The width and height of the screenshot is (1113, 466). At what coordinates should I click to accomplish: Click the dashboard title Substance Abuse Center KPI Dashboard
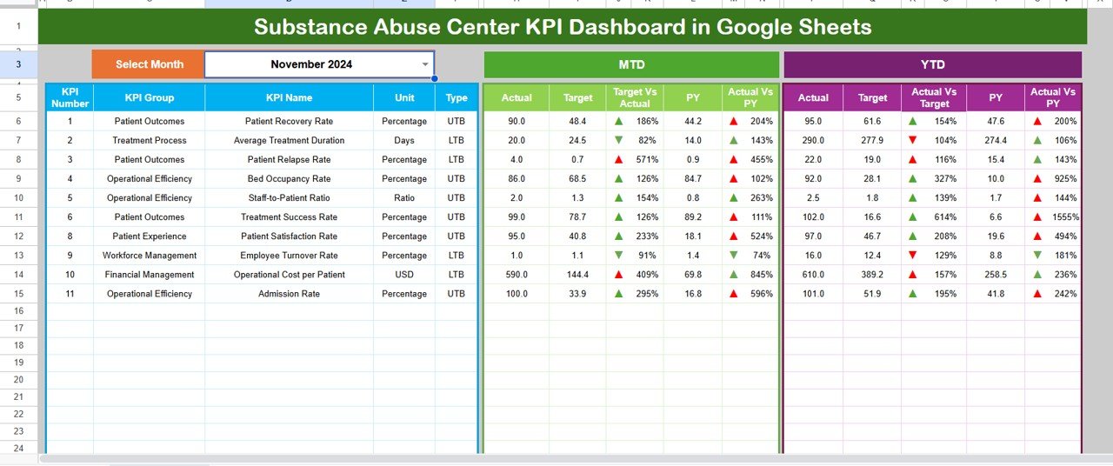click(563, 27)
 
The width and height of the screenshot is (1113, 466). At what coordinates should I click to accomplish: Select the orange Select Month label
click(149, 64)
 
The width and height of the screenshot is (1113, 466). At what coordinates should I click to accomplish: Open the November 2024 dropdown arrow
click(425, 64)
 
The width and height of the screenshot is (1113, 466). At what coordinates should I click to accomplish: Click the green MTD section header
click(631, 64)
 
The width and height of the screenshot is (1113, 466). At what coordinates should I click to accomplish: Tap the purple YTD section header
click(932, 64)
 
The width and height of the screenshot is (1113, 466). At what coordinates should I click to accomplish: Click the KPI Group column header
click(149, 98)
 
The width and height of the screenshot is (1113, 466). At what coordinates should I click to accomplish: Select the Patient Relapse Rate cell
click(289, 160)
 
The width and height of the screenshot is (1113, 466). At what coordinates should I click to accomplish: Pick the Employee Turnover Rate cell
click(289, 256)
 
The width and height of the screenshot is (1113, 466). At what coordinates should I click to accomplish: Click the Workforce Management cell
click(149, 256)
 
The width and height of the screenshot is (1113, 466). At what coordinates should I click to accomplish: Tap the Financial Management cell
click(149, 275)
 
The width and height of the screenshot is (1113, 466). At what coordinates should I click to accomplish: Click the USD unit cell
click(404, 275)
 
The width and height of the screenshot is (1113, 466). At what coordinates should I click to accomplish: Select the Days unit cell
click(404, 141)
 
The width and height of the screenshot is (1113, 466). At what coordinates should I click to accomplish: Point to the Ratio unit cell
click(404, 198)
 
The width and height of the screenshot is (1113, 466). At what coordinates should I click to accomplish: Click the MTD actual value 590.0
click(517, 275)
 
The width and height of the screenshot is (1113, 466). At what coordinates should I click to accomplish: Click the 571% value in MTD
click(643, 160)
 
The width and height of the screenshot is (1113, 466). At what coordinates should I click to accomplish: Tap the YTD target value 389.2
click(872, 275)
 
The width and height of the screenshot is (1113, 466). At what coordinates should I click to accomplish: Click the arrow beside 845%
click(734, 275)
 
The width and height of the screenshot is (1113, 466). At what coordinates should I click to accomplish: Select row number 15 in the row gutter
click(18, 294)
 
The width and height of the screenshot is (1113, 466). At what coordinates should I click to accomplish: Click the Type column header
click(457, 98)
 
